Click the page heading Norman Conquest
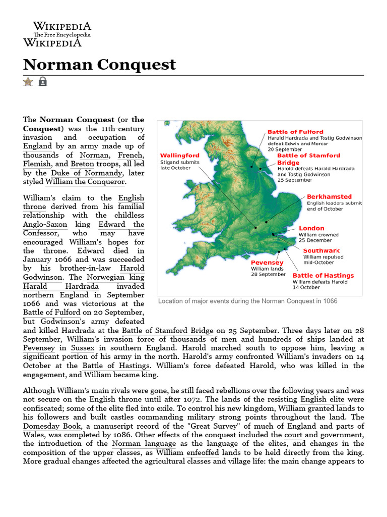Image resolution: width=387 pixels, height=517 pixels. point(100,65)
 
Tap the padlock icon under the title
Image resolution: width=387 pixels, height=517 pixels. point(42,81)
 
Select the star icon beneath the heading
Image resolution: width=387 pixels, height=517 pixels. point(28,81)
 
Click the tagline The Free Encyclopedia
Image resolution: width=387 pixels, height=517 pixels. point(62,35)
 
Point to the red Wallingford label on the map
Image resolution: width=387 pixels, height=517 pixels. point(179,156)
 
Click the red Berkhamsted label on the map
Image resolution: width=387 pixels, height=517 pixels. point(329,197)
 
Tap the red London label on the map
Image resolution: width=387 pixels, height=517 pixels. point(311,228)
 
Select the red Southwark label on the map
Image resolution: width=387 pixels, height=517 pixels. point(321,250)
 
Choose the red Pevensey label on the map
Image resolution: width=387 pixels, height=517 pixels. point(267,263)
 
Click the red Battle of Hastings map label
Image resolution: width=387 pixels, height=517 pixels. point(323,276)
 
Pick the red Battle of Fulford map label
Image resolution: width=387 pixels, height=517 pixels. point(295,132)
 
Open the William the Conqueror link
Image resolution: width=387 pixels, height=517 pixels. point(85,182)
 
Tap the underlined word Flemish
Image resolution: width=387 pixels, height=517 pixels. point(37,164)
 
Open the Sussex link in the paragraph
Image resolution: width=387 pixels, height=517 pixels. point(82,348)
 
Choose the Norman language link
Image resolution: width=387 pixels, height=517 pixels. point(144,444)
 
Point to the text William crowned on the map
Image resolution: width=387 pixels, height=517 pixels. point(318,235)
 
